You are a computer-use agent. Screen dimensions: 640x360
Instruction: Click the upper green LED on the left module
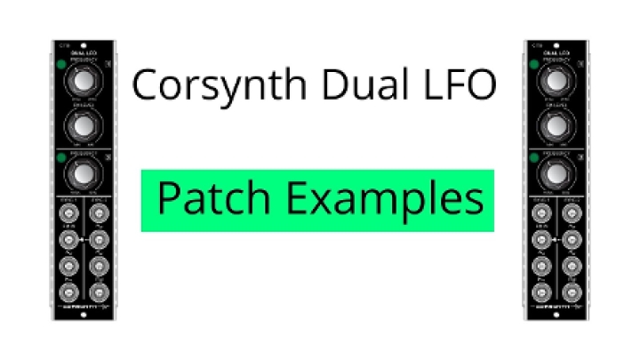(x=60, y=64)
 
